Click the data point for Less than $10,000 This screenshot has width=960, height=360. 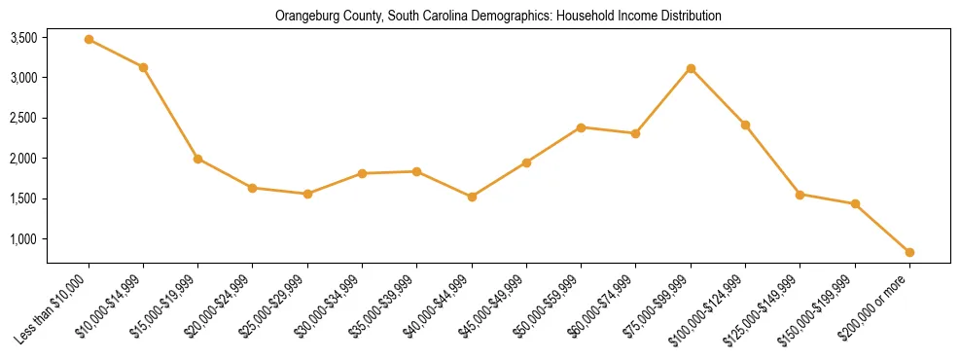tap(89, 40)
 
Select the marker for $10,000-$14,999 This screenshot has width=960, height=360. tap(143, 67)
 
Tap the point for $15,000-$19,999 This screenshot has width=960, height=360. tap(197, 159)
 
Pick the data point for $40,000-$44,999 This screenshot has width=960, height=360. tap(472, 197)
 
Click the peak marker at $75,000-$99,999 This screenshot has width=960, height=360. tap(691, 68)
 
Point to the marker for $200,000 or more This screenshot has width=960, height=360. tap(909, 252)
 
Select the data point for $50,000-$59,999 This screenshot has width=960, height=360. tap(581, 127)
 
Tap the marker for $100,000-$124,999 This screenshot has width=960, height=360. tap(745, 125)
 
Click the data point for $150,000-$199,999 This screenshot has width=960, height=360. tap(855, 203)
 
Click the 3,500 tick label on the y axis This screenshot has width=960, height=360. tap(23, 38)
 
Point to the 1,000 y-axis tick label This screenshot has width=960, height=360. tap(23, 239)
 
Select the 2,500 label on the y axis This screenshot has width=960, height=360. tap(23, 119)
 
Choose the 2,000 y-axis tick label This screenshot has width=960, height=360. tap(23, 159)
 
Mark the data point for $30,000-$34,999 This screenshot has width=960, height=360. tap(362, 173)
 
